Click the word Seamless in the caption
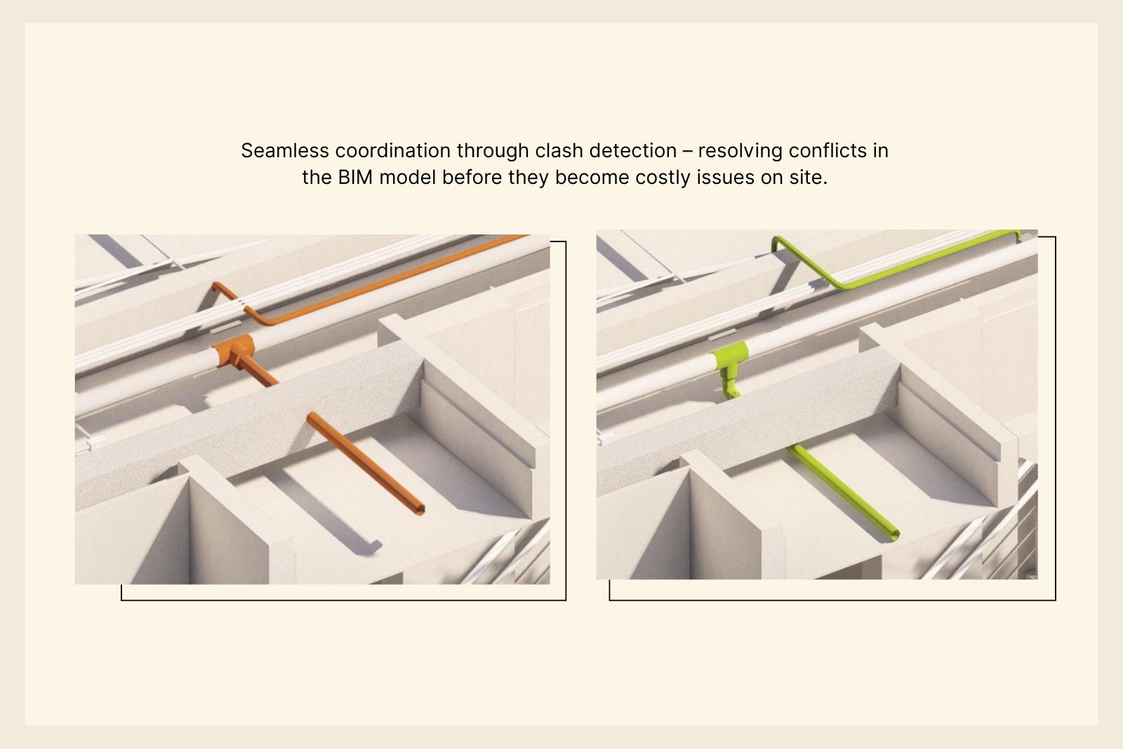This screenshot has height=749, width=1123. pos(285,150)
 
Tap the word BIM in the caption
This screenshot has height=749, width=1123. pos(355,178)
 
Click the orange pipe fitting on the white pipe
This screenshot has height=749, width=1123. pos(234,350)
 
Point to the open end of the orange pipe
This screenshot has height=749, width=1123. pos(420,510)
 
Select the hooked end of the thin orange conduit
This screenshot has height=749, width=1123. pos(217,287)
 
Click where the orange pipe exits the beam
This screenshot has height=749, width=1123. pos(312,417)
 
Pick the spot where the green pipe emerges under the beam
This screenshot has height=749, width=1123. pos(792,447)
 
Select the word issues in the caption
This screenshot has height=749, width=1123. pos(726,178)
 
